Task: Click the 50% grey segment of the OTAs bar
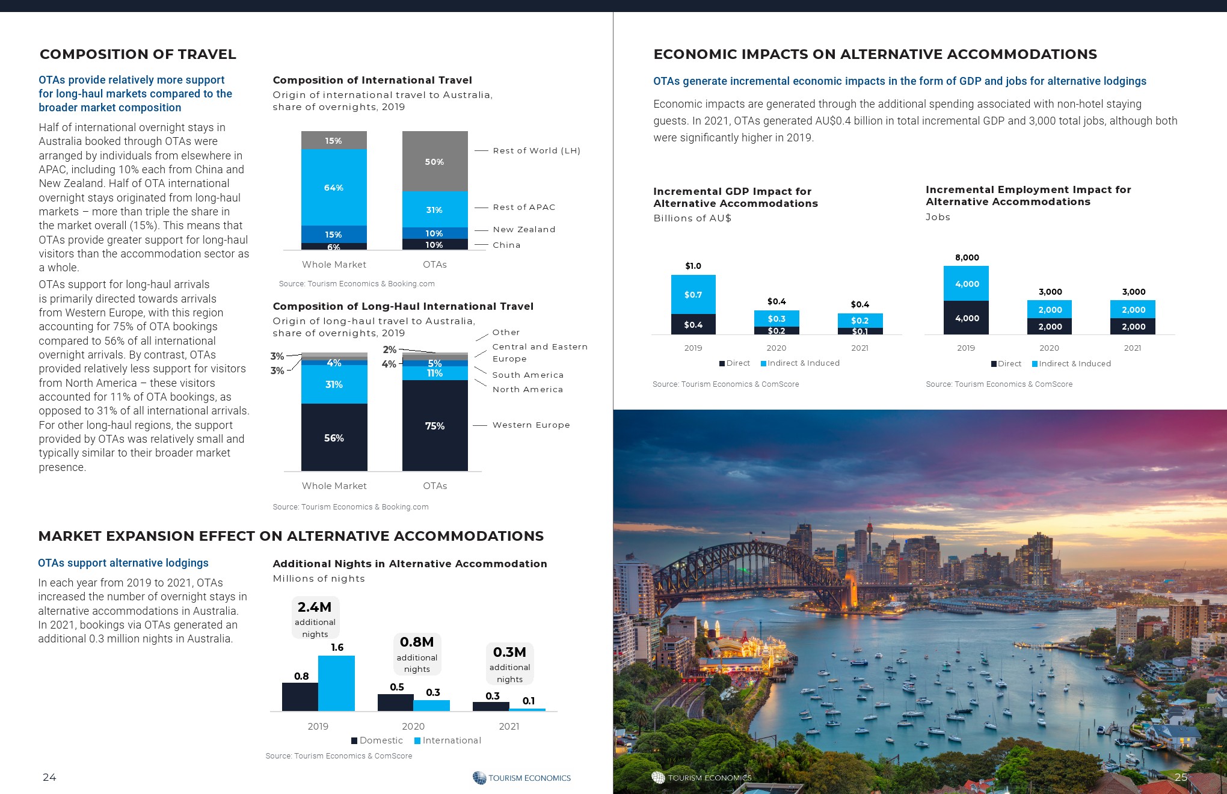[434, 161]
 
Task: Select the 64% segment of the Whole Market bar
[334, 187]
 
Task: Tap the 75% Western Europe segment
[434, 425]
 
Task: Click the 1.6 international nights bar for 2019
[336, 683]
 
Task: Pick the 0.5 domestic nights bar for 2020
[395, 703]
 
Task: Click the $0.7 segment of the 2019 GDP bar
[693, 294]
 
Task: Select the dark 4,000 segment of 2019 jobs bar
[966, 318]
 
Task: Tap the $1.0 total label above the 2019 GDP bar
[693, 266]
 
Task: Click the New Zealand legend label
[524, 229]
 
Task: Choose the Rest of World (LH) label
[537, 150]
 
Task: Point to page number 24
[49, 777]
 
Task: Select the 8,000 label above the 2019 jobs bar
[967, 257]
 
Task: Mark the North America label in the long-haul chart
[527, 389]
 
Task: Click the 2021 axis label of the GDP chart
[860, 348]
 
